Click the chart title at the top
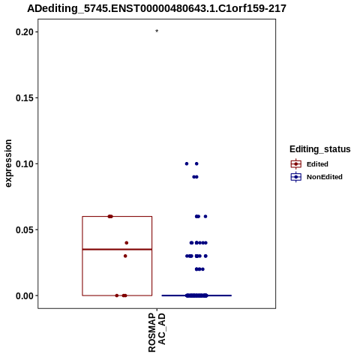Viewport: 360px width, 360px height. pyautogui.click(x=157, y=8)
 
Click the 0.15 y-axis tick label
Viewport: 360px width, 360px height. pyautogui.click(x=25, y=98)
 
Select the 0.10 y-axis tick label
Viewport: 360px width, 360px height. pyautogui.click(x=25, y=164)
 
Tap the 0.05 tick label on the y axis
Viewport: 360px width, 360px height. pyautogui.click(x=25, y=229)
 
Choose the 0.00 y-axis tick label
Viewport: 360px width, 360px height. pyautogui.click(x=25, y=295)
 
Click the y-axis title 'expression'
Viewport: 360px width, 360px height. pyautogui.click(x=8, y=163)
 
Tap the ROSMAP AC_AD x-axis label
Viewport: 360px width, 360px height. pyautogui.click(x=157, y=332)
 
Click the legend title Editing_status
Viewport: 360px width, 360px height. pyautogui.click(x=320, y=149)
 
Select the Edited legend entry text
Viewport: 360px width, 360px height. pyautogui.click(x=317, y=164)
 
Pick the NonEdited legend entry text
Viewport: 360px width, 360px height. pyautogui.click(x=325, y=177)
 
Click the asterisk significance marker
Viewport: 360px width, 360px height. pyautogui.click(x=157, y=31)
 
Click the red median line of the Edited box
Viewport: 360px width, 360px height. pyautogui.click(x=117, y=249)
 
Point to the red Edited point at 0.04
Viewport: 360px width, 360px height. pyautogui.click(x=127, y=243)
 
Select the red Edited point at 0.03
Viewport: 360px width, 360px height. pyautogui.click(x=125, y=256)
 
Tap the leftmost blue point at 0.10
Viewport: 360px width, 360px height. pyautogui.click(x=187, y=163)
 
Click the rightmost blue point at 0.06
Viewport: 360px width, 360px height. pyautogui.click(x=205, y=217)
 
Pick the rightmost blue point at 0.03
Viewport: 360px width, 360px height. pyautogui.click(x=205, y=256)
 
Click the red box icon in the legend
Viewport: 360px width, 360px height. pyautogui.click(x=296, y=164)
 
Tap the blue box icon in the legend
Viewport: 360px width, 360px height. pyautogui.click(x=296, y=177)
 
